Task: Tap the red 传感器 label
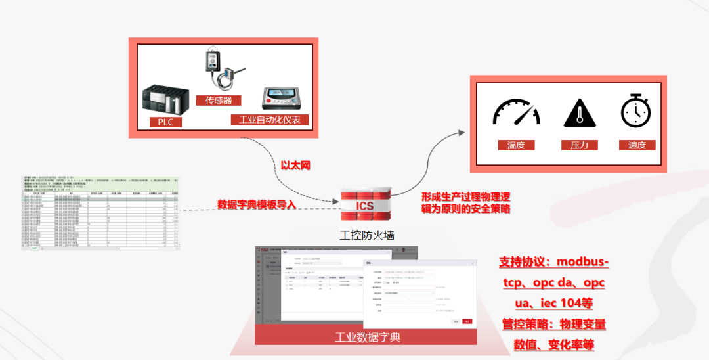(x=219, y=101)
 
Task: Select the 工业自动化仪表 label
(x=269, y=120)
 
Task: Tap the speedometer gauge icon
(x=516, y=113)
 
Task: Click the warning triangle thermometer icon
(x=580, y=113)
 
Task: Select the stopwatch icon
(x=635, y=110)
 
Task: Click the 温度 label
(x=516, y=145)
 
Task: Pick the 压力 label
(x=580, y=145)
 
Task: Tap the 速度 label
(x=637, y=145)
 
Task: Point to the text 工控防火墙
(x=366, y=235)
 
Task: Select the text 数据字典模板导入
(x=257, y=204)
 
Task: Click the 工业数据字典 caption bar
(x=366, y=337)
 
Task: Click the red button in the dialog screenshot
(x=467, y=321)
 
